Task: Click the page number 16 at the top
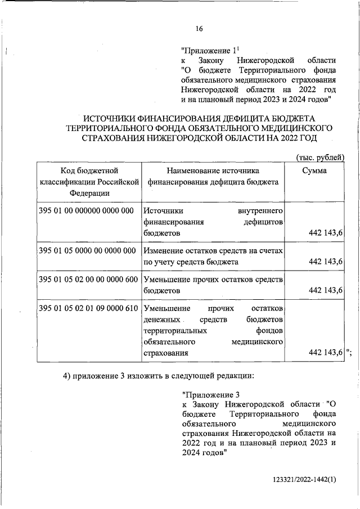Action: (199, 29)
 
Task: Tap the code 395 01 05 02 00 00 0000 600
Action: (89, 280)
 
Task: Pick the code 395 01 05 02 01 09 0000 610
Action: (89, 309)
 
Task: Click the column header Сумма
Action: (314, 170)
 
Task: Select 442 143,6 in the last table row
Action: (326, 353)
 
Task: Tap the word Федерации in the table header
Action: (89, 193)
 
